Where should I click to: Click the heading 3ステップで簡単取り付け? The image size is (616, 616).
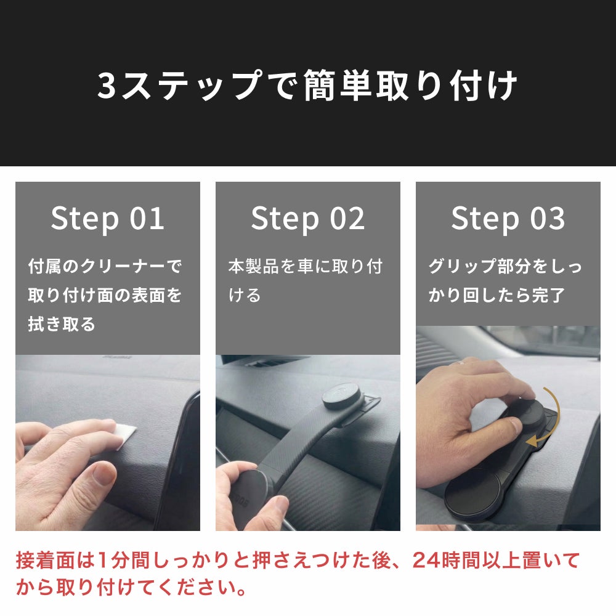tap(307, 85)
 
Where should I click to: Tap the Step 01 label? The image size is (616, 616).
tap(107, 219)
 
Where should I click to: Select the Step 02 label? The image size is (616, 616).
tap(307, 219)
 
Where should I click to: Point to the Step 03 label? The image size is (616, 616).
tap(508, 219)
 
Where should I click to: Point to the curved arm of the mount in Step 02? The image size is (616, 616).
tap(299, 434)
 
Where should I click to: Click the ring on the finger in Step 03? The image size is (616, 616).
tap(458, 363)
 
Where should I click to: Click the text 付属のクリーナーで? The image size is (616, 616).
tap(105, 266)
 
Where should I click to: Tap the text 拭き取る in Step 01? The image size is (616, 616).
tap(62, 324)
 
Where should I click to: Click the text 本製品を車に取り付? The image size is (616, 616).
tap(306, 266)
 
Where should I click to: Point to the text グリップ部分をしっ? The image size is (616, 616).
tap(505, 266)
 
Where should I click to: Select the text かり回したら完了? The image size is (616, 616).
tap(497, 295)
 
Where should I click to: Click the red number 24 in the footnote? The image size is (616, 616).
tap(426, 561)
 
